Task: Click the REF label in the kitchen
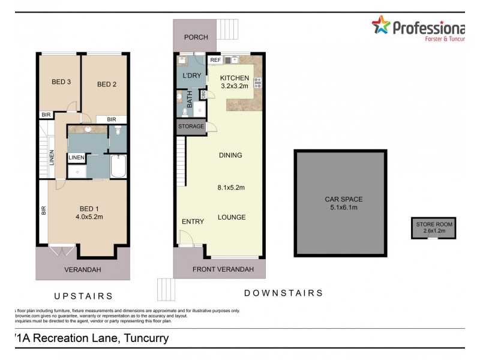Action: pos(214,60)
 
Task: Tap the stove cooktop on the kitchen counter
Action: pos(258,83)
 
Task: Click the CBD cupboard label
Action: pos(204,94)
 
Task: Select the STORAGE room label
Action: pos(191,127)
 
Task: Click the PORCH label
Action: pos(196,37)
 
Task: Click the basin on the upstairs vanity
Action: pos(88,128)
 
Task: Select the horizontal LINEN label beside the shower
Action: pos(76,158)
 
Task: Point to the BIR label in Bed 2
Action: pos(112,119)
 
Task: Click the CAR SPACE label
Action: pos(340,199)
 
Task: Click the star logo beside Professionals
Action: pos(380,25)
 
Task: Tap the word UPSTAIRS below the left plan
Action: pos(83,296)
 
